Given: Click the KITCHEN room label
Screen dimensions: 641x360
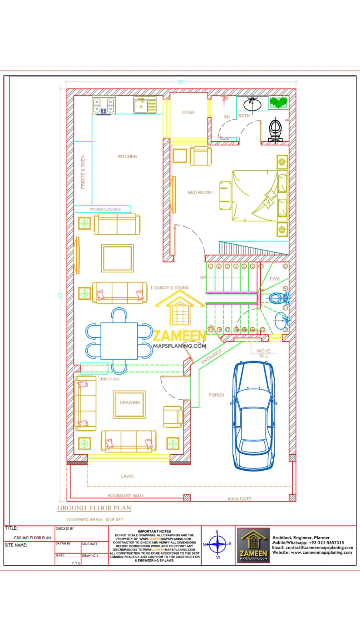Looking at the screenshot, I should pyautogui.click(x=127, y=157).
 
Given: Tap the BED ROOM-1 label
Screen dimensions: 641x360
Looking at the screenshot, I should pyautogui.click(x=201, y=193).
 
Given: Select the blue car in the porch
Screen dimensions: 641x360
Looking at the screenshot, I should pyautogui.click(x=254, y=415).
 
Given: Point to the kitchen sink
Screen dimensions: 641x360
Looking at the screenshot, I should pyautogui.click(x=145, y=105).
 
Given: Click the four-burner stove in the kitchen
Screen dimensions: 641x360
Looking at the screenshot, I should pyautogui.click(x=104, y=105).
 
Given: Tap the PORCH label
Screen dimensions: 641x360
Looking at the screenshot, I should pyautogui.click(x=216, y=395).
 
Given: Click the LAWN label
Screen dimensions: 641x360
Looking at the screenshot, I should pyautogui.click(x=127, y=476).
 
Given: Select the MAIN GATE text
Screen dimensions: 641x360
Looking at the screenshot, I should pyautogui.click(x=239, y=499).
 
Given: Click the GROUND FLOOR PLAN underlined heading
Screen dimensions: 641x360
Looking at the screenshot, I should pyautogui.click(x=94, y=508).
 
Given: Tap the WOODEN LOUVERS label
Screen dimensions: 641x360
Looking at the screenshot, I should pyautogui.click(x=105, y=209).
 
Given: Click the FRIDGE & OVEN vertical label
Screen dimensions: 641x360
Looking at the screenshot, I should pyautogui.click(x=83, y=172).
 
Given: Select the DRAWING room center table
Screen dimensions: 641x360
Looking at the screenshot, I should pyautogui.click(x=129, y=404).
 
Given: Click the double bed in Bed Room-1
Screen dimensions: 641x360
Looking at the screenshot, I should pyautogui.click(x=259, y=196).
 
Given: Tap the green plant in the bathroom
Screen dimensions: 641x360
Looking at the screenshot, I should pyautogui.click(x=278, y=102).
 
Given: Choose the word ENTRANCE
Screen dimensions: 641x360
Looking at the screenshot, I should pyautogui.click(x=211, y=356).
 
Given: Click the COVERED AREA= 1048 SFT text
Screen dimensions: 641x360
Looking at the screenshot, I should pyautogui.click(x=95, y=520).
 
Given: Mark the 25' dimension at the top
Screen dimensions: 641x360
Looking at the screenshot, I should pyautogui.click(x=181, y=82).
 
